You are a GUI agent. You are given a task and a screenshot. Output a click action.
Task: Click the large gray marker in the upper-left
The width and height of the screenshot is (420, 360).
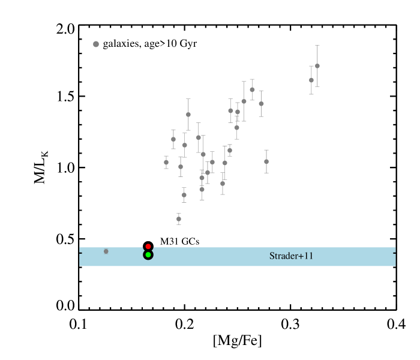tap(96, 44)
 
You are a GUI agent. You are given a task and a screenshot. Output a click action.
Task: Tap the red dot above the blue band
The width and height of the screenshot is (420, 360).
tap(148, 247)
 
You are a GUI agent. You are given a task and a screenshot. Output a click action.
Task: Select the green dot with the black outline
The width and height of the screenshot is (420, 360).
tap(148, 255)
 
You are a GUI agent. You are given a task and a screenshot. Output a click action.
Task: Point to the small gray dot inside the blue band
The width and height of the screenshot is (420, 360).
tap(106, 251)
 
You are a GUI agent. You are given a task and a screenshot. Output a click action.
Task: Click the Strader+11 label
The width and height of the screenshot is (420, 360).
tap(291, 256)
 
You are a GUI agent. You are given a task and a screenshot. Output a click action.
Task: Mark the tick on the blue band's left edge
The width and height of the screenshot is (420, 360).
tap(80, 253)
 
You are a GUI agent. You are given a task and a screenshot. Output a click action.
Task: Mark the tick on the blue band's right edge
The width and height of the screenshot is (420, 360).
tap(394, 253)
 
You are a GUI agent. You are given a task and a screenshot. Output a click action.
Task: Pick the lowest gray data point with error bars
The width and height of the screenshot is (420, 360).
tap(179, 219)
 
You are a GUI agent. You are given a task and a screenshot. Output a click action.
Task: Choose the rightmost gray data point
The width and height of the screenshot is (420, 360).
tap(317, 66)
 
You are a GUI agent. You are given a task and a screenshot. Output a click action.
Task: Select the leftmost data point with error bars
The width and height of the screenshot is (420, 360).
tap(166, 162)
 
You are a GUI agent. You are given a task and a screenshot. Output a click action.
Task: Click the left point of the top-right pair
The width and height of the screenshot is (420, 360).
tap(311, 80)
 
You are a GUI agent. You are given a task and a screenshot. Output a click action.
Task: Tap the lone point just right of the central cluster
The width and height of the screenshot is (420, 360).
tap(266, 161)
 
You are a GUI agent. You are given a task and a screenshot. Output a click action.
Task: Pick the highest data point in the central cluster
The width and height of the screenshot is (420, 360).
tap(252, 90)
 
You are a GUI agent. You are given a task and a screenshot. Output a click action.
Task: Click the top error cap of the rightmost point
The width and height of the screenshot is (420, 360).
tap(317, 46)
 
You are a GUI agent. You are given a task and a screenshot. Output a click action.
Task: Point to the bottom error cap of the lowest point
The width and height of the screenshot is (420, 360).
tap(179, 224)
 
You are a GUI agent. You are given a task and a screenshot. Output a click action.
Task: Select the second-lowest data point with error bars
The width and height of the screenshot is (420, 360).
tap(184, 195)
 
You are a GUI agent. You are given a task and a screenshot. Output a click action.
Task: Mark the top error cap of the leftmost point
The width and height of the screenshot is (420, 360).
tap(166, 156)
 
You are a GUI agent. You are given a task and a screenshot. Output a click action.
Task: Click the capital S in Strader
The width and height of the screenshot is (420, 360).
tap(272, 256)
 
